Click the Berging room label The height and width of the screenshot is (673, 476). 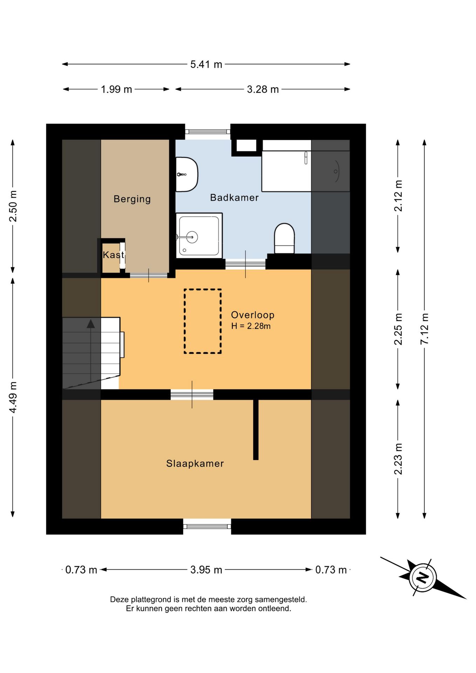(132, 199)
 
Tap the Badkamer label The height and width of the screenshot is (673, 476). (234, 198)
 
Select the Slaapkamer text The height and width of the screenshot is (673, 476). (195, 463)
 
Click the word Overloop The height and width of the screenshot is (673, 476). (252, 315)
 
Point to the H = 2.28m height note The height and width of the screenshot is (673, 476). (251, 326)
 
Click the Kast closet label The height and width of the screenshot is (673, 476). (113, 255)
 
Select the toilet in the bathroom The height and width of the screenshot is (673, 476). (284, 238)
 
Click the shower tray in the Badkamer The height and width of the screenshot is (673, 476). (199, 235)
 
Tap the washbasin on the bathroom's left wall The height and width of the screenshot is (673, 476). (187, 174)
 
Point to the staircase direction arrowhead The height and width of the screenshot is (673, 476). (91, 324)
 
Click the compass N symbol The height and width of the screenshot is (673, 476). (422, 577)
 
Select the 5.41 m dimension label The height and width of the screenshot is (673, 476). (206, 64)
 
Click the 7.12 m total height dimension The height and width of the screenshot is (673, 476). (424, 329)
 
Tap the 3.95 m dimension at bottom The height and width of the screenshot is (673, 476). (206, 570)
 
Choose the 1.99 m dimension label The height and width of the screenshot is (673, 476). (116, 89)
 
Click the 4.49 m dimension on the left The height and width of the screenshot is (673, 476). (13, 397)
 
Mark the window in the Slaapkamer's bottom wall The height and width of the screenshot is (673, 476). (207, 526)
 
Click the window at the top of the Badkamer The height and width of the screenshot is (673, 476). (208, 132)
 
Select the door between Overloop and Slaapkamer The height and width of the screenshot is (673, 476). (192, 395)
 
